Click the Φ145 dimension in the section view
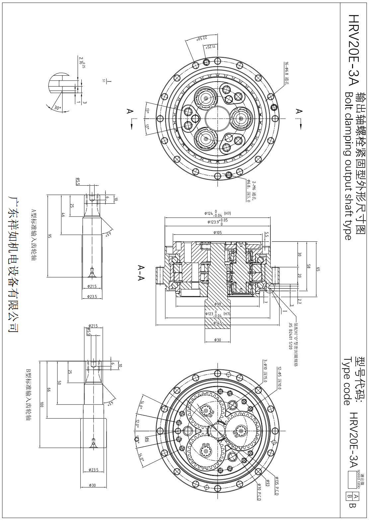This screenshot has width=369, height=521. [x=217, y=323]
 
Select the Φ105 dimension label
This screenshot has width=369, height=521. [x=217, y=232]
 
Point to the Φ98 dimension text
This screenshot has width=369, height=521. [x=218, y=304]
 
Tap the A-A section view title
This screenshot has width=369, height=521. [x=141, y=273]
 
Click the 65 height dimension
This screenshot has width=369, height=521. [x=318, y=269]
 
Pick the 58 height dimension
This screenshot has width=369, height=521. [x=308, y=266]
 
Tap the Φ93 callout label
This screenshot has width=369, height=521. [x=267, y=482]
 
